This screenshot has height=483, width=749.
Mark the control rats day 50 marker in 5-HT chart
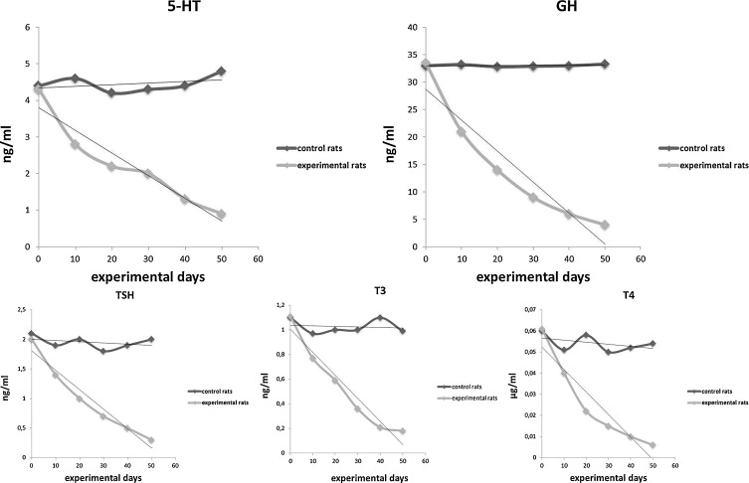pyautogui.click(x=221, y=72)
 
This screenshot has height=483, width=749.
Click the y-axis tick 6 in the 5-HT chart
pyautogui.click(x=26, y=28)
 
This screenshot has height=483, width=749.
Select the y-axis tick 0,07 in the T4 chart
pyautogui.click(x=524, y=311)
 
